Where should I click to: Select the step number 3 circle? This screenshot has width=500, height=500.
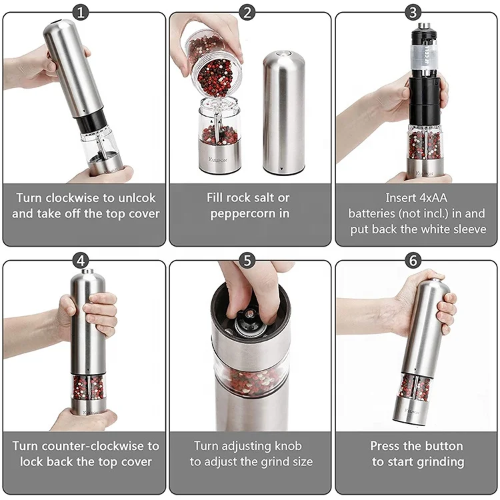click(414, 12)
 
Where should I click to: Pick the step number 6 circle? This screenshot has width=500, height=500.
click(414, 260)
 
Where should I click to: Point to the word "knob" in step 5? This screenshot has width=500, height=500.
click(288, 445)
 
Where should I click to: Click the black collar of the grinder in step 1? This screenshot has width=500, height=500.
click(93, 121)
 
